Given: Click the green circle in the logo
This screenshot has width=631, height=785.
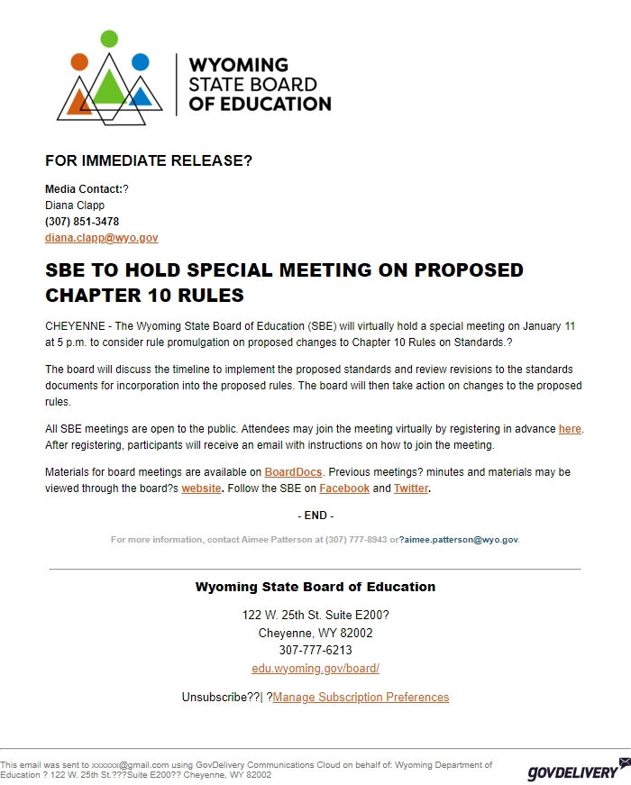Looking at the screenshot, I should coord(109,39).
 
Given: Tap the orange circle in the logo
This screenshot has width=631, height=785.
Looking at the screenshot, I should coord(79,62).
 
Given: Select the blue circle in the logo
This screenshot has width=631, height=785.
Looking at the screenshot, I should coord(140,62).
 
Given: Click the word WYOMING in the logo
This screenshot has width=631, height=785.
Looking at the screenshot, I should coord(238,65).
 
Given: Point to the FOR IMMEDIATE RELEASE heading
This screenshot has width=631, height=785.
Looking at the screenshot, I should coord(149,161).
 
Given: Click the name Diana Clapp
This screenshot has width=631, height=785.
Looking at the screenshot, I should coord(75,205).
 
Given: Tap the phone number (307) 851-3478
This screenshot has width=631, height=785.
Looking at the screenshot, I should coord(82,222).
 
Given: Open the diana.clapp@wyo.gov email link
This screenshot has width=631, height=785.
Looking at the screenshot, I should coord(101,238).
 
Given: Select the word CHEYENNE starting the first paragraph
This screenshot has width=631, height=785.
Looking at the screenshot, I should coord(75,326).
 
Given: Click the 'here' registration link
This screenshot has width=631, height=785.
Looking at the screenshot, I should coord(570,429).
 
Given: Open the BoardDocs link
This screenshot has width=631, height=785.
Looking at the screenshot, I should coord(293,472).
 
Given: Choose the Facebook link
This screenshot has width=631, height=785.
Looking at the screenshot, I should coord(344,488).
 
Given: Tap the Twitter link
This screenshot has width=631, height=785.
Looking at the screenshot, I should coord(410,488).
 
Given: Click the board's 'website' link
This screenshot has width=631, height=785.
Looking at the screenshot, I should coord(201,488).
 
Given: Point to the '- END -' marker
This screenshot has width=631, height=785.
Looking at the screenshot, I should coord(315,516).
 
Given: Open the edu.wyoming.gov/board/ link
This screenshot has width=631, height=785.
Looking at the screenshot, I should coord(315,669).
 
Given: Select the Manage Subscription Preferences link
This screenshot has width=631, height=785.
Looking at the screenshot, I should coord(361,698).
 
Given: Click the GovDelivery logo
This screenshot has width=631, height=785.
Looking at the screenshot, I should coord(573,771).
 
